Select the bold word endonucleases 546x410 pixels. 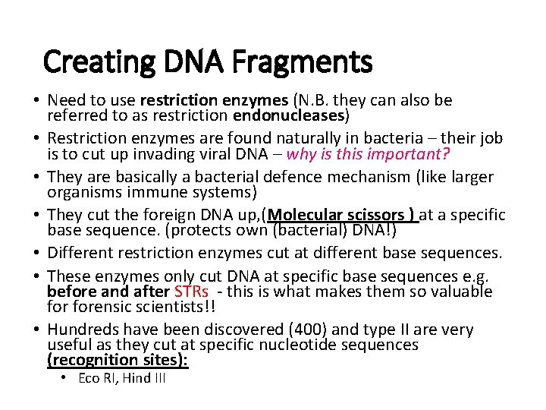[290, 116]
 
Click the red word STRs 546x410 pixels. [191, 292]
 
